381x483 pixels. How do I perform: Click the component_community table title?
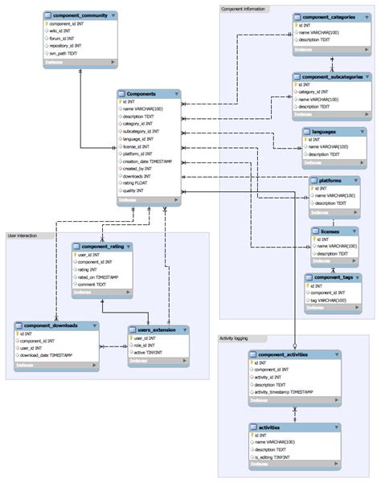pos(80,14)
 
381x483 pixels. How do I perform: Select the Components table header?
pos(141,94)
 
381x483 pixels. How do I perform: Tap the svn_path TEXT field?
pos(68,52)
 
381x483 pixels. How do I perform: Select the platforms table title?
pos(330,181)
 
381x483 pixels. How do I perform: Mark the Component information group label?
pos(244,8)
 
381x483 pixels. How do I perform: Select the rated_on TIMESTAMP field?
pos(99,276)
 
